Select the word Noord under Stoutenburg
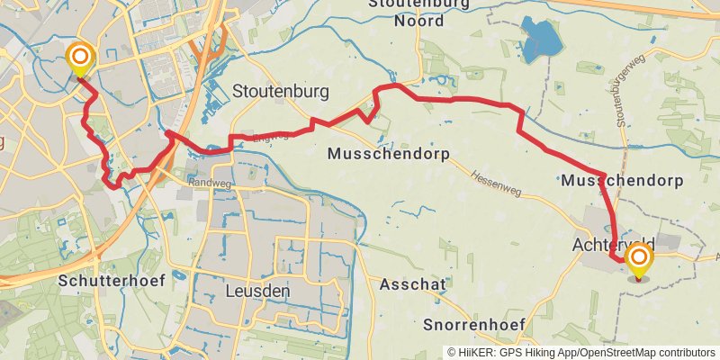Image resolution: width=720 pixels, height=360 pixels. (x=418, y=21)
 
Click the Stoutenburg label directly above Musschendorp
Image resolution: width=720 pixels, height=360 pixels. (x=280, y=91)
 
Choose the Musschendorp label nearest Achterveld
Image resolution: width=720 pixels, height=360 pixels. (x=621, y=181)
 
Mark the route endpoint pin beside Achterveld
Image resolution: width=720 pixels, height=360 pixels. (x=640, y=260)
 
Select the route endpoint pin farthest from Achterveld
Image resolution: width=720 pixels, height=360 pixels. (x=80, y=59)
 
